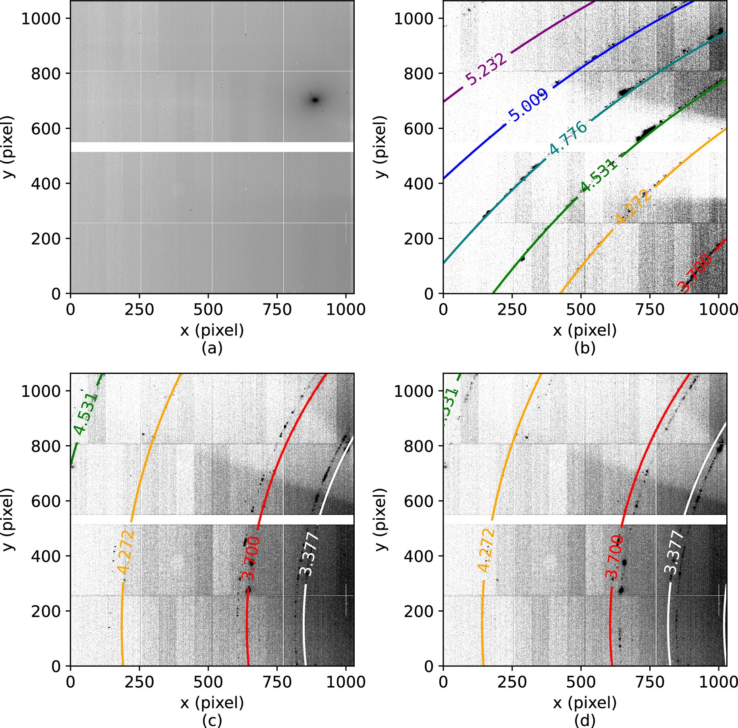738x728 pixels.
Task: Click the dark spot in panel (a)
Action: click(x=315, y=100)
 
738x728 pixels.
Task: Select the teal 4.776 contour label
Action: click(x=568, y=138)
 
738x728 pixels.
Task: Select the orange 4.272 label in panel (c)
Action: click(x=125, y=551)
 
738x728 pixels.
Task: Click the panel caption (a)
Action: click(x=212, y=348)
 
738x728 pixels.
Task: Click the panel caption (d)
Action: click(x=584, y=720)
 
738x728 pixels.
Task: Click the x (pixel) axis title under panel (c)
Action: click(x=212, y=703)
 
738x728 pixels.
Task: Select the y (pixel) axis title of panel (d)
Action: click(x=381, y=520)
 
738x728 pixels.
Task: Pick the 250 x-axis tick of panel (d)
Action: click(x=512, y=682)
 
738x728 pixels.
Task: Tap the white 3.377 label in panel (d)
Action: click(x=674, y=552)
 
